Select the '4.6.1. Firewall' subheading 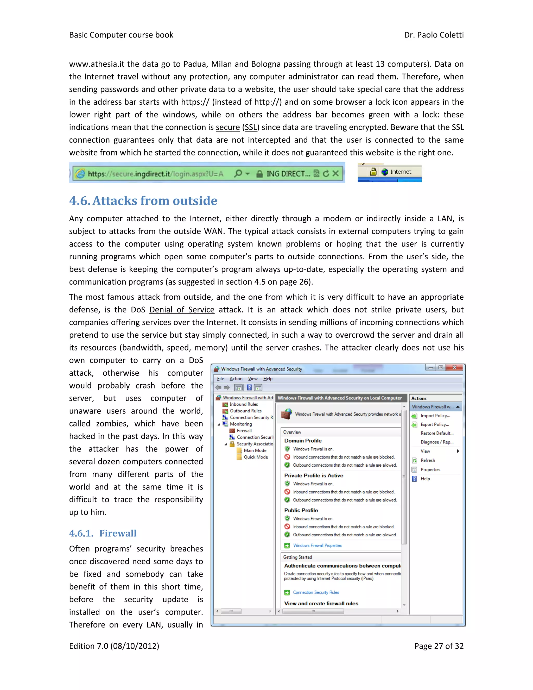tap(103, 533)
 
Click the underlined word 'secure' tap(228, 127)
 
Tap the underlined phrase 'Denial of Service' tap(182, 310)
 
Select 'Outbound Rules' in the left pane tap(245, 411)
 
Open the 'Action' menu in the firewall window tap(236, 379)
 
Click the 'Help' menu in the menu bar tap(268, 379)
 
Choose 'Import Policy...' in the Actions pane tap(435, 416)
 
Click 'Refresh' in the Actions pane tap(428, 461)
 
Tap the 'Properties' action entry tap(430, 470)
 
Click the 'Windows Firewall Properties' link tap(317, 545)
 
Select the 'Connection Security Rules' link tap(316, 593)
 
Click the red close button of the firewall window tap(454, 367)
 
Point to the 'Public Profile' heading tap(301, 511)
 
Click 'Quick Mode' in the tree tap(256, 457)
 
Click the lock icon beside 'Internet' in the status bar tap(373, 172)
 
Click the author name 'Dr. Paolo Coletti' tap(434, 35)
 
